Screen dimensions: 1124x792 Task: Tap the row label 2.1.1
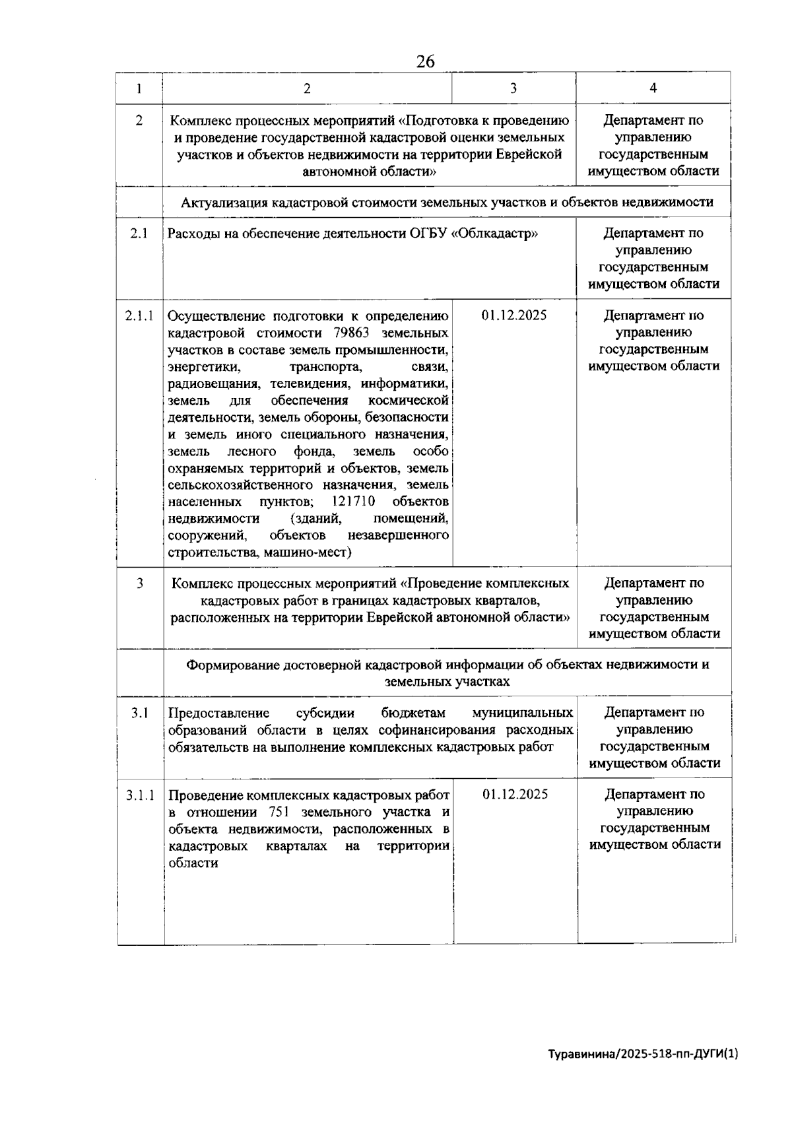pyautogui.click(x=139, y=315)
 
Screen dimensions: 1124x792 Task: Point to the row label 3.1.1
pyautogui.click(x=140, y=795)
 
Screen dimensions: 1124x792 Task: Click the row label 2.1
pyautogui.click(x=139, y=234)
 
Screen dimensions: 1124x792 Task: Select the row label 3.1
pyautogui.click(x=139, y=713)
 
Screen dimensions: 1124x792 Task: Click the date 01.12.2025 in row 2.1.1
pyautogui.click(x=514, y=315)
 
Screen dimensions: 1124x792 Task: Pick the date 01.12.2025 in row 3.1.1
pyautogui.click(x=515, y=795)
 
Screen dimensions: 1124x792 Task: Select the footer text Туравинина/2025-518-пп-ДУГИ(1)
pyautogui.click(x=643, y=1054)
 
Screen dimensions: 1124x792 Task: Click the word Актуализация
pyautogui.click(x=222, y=203)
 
